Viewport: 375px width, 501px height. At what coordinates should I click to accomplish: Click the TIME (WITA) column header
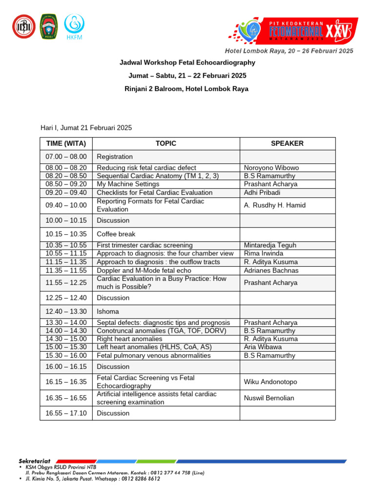(66, 143)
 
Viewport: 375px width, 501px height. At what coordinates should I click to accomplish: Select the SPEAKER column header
(287, 143)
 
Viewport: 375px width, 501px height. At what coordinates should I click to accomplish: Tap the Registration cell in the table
(115, 157)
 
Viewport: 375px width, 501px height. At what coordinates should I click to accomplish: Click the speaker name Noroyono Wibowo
(271, 168)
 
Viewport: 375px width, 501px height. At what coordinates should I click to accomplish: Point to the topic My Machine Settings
(128, 184)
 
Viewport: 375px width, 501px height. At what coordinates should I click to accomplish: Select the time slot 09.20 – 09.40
(66, 193)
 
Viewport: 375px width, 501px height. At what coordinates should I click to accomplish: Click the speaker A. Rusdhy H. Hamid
(275, 205)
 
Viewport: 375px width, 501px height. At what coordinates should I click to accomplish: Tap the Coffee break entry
(116, 234)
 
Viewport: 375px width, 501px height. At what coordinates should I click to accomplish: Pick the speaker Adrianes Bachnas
(271, 271)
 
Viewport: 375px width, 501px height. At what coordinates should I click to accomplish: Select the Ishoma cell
(108, 312)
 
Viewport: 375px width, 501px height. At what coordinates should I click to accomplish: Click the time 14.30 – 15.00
(66, 339)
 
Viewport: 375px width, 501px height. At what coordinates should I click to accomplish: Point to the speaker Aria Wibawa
(263, 347)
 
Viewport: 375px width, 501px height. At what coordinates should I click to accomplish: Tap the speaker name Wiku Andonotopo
(271, 382)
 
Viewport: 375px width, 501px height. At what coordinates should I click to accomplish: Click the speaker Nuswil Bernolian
(269, 398)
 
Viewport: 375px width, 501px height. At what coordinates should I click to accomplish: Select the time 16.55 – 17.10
(66, 413)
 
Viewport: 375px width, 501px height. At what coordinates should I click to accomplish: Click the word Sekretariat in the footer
(38, 461)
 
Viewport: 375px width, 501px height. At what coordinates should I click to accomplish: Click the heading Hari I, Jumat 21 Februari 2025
(86, 128)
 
